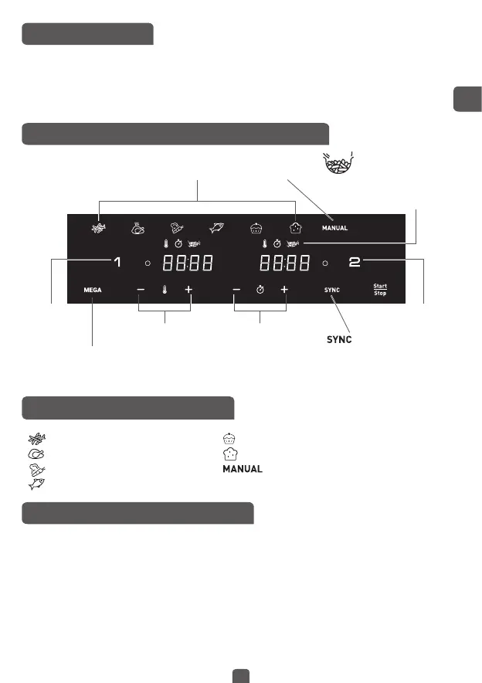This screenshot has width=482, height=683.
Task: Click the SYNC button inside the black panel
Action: pyautogui.click(x=332, y=290)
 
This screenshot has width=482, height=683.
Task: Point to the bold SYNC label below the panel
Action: pyautogui.click(x=336, y=340)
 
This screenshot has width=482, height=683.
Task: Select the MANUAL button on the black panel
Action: pyautogui.click(x=334, y=228)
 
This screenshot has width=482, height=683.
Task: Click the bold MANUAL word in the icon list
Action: pyautogui.click(x=243, y=469)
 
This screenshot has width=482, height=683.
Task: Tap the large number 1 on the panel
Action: pyautogui.click(x=117, y=263)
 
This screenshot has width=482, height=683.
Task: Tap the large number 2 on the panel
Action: pyautogui.click(x=355, y=263)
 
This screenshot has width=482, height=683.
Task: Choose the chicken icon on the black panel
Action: pyautogui.click(x=137, y=228)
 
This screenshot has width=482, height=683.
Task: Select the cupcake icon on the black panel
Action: pyautogui.click(x=256, y=228)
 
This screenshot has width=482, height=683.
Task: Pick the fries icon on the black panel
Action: pyautogui.click(x=98, y=227)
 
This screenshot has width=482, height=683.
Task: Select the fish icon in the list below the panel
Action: pyautogui.click(x=34, y=484)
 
